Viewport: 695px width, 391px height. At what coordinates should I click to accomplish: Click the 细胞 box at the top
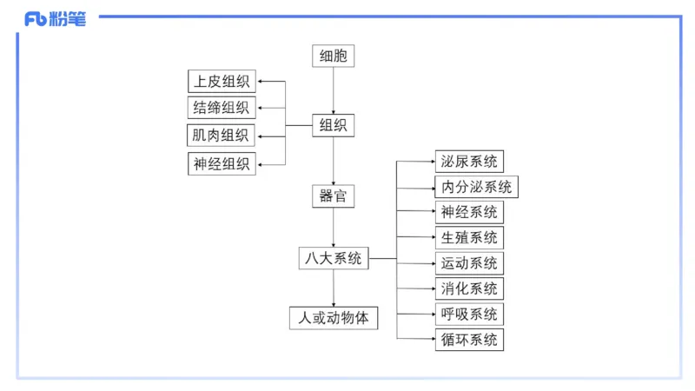[x=334, y=56]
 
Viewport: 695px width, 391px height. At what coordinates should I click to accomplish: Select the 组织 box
[x=334, y=126]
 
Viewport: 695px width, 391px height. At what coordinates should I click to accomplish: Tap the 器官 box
[x=334, y=195]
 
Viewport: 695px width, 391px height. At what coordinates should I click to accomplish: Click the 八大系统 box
[x=334, y=258]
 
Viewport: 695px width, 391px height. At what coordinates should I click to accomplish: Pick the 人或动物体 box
[x=334, y=318]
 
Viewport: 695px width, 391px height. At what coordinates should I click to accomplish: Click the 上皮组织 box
[x=222, y=83]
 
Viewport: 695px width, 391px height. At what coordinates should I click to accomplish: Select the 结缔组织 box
[x=222, y=109]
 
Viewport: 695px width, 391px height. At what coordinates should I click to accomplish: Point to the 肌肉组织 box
[x=222, y=136]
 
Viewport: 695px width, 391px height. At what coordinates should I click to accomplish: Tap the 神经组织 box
[x=222, y=163]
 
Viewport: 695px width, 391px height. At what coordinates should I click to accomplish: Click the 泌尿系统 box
[x=469, y=161]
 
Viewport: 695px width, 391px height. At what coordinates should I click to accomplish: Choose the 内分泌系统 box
[x=476, y=187]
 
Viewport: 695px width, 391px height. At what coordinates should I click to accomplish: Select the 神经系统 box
[x=469, y=212]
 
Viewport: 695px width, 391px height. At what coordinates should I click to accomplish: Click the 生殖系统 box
[x=469, y=237]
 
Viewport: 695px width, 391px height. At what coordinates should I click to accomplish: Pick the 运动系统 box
[x=469, y=263]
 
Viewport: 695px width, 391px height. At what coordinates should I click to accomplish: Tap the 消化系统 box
[x=469, y=288]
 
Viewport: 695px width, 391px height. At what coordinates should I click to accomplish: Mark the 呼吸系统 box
[x=469, y=314]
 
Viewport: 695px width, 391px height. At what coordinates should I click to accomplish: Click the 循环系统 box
[x=469, y=340]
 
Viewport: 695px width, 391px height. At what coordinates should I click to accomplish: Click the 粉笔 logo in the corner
[x=56, y=18]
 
